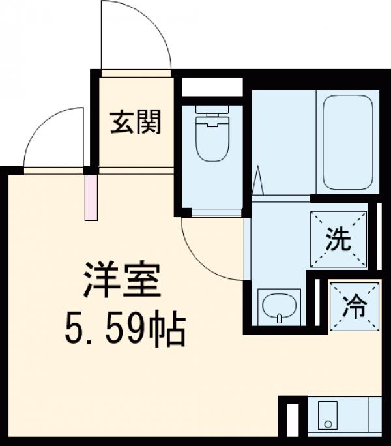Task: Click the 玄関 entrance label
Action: point(135,122)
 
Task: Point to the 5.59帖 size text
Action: point(124,331)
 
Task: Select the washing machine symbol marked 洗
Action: point(338,240)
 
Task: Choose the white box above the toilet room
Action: point(212,87)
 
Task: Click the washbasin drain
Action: point(279,318)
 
